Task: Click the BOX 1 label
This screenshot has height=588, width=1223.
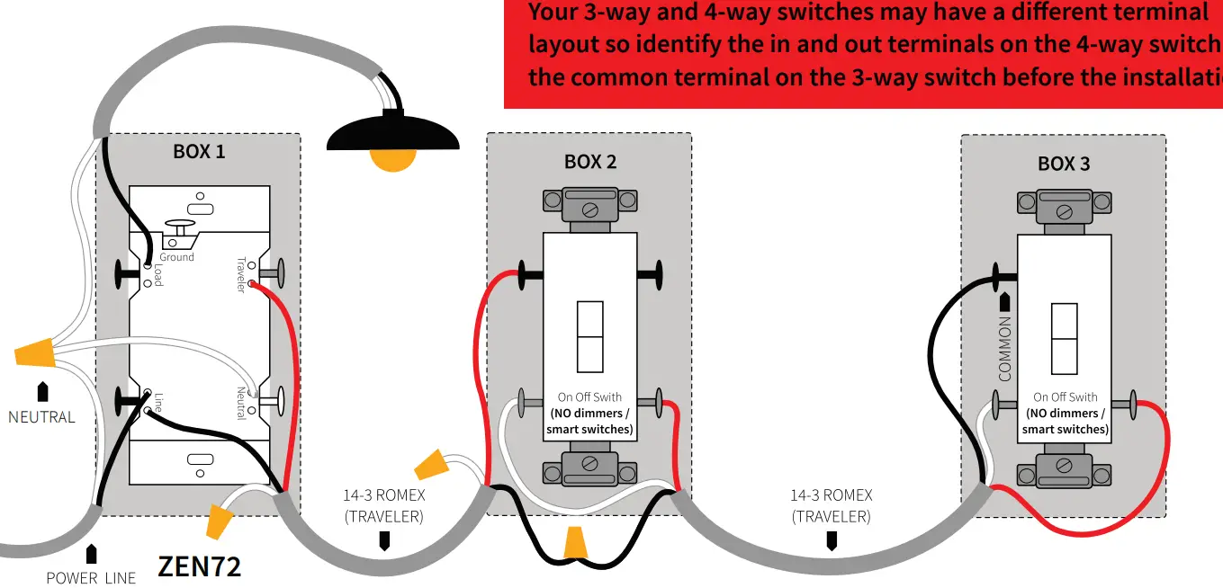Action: point(199,151)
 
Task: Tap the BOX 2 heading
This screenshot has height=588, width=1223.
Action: point(590,162)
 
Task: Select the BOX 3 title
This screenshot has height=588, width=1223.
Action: point(1064,164)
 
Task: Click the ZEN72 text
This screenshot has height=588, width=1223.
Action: point(199,566)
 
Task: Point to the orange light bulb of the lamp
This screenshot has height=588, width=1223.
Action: point(393,159)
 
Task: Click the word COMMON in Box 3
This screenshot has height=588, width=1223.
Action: point(1005,348)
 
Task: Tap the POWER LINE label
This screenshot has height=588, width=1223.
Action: point(91,577)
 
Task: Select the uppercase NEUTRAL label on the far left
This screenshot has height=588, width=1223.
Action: point(41,417)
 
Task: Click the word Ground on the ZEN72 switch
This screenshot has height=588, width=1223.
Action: point(176,257)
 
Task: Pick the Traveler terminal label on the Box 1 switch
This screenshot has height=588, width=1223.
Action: point(241,274)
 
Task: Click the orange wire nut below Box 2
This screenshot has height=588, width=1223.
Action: point(575,543)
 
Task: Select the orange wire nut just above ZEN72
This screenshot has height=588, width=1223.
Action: point(219,521)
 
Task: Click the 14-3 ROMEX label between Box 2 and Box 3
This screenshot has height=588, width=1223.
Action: point(831,505)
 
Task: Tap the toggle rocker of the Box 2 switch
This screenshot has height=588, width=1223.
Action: point(590,337)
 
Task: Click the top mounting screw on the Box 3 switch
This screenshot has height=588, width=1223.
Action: point(1064,212)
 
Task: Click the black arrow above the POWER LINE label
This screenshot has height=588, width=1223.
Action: point(91,554)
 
